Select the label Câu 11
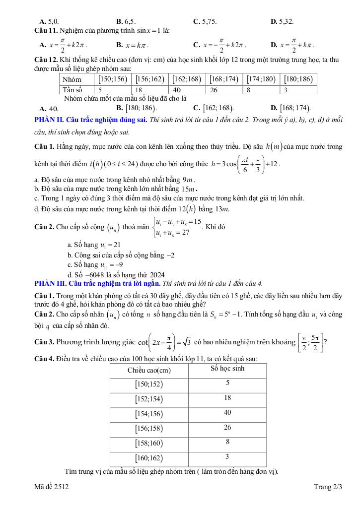[x=46, y=31]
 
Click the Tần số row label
[x=71, y=90]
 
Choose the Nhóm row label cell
[x=72, y=79]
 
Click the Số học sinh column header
[x=227, y=369]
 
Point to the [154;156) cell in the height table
[x=148, y=413]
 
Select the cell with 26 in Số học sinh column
[x=227, y=427]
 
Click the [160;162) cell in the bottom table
[x=148, y=457]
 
